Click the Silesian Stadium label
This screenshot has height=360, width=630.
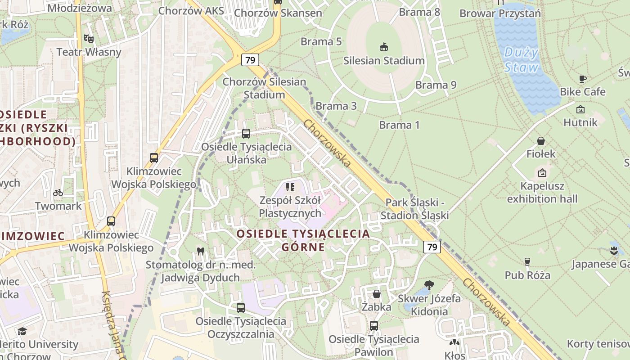(x=384, y=60)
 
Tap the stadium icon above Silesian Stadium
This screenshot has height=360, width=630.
(x=384, y=47)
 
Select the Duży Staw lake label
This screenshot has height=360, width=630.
(x=521, y=60)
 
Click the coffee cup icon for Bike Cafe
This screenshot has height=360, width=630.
(x=583, y=79)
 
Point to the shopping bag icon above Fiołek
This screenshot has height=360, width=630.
(x=541, y=141)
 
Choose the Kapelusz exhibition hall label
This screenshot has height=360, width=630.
(x=542, y=192)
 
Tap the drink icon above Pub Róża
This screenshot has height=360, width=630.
(x=527, y=262)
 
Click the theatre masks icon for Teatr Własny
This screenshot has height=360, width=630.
(x=89, y=39)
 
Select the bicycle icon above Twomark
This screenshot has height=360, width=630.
(x=58, y=193)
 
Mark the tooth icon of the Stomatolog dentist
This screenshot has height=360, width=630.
(x=200, y=252)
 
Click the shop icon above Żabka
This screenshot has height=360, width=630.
(x=377, y=294)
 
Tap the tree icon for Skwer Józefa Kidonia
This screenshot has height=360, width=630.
(x=429, y=285)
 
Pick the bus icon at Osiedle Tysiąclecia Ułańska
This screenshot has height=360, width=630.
(x=246, y=134)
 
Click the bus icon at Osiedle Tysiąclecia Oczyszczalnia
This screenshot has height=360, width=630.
(x=241, y=308)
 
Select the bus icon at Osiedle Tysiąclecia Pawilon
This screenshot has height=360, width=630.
(x=374, y=326)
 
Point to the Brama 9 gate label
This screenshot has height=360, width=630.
(x=436, y=85)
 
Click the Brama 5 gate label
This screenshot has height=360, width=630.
(x=321, y=41)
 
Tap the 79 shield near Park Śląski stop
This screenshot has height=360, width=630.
(x=432, y=247)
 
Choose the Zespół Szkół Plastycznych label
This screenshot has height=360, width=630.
(x=290, y=207)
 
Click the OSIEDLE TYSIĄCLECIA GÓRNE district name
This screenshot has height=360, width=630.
(x=303, y=240)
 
